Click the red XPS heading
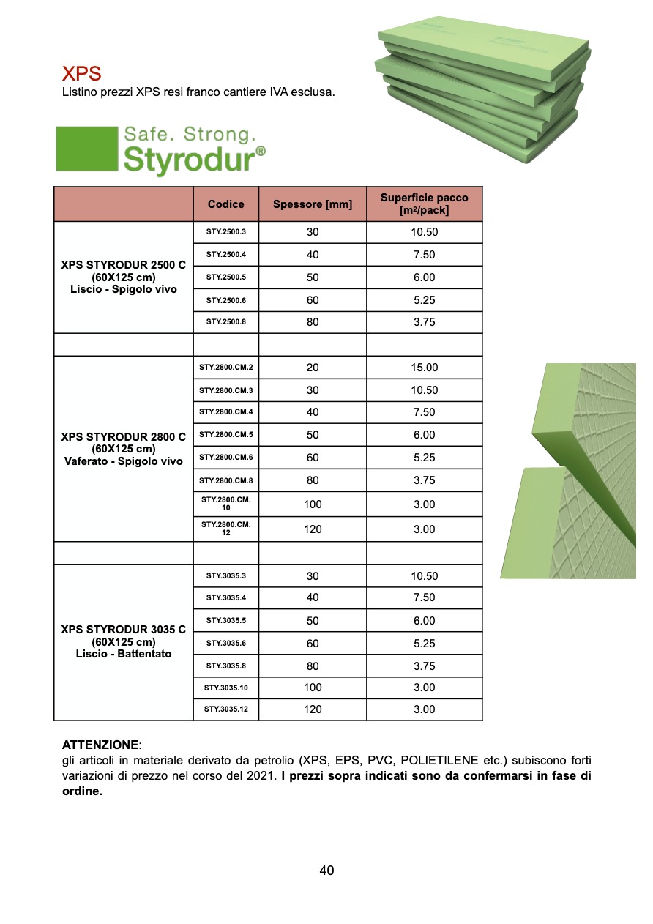(81, 74)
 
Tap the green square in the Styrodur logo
(86, 149)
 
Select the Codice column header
(225, 204)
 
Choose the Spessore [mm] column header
(313, 204)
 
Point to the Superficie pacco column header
(424, 204)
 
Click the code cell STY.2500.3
(226, 232)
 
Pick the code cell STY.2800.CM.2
(226, 368)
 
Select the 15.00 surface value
(425, 368)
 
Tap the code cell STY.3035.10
(226, 688)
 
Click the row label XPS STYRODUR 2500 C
(123, 266)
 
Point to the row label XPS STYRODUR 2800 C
(123, 437)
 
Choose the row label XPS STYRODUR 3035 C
(123, 630)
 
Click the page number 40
(326, 871)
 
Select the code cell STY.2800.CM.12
(226, 529)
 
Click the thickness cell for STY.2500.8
(313, 322)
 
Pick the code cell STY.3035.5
(226, 620)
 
